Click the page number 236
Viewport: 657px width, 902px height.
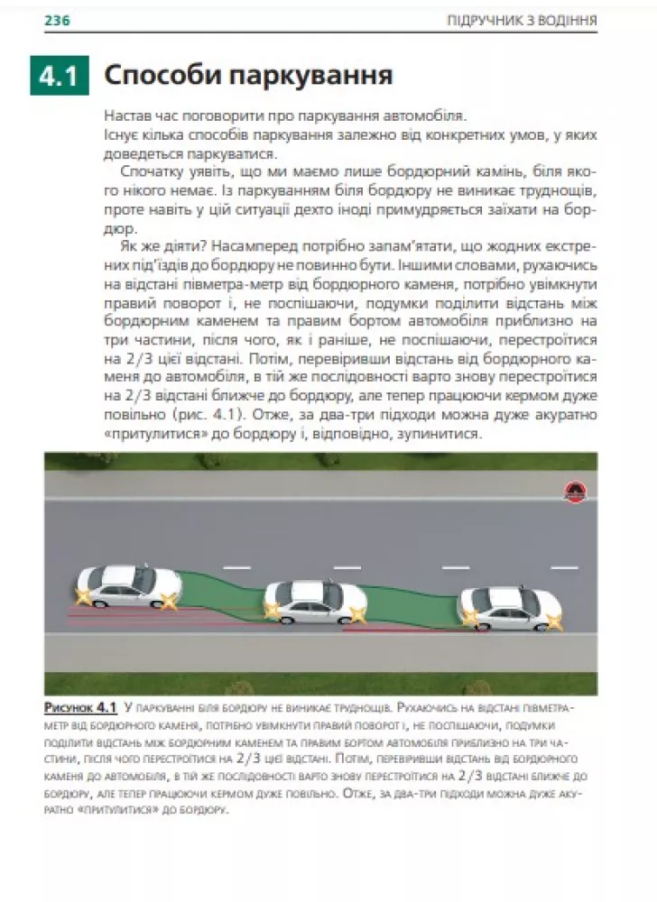coord(58,20)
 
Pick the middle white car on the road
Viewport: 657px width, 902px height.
coord(316,602)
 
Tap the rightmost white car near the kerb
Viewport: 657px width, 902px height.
coord(510,608)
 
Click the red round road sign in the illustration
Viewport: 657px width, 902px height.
coord(572,492)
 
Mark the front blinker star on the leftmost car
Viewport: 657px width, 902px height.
coord(168,602)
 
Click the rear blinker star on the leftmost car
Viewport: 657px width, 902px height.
coord(84,596)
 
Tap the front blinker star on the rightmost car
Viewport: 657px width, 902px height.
coord(553,621)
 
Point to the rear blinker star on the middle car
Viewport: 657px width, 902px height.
coord(272,611)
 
